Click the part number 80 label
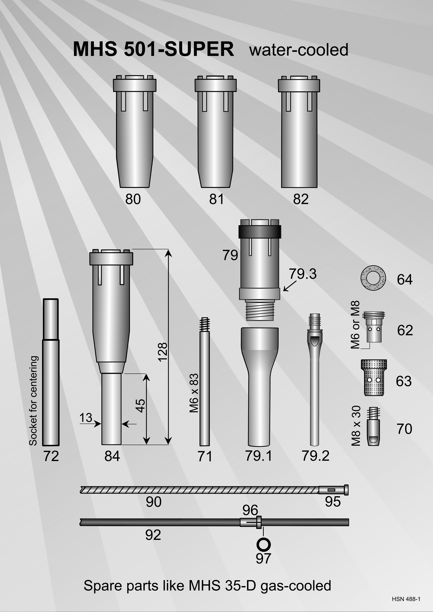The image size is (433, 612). tap(133, 199)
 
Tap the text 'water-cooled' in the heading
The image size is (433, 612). tap(299, 50)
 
